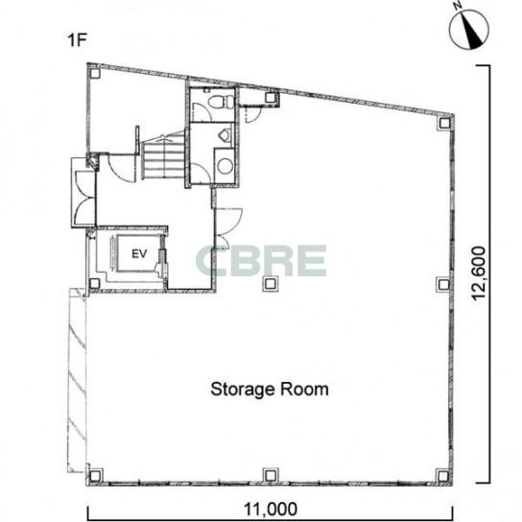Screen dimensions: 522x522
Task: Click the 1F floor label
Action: (77, 40)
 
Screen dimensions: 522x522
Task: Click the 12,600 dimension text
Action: (479, 273)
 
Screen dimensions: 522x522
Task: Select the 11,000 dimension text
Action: (271, 509)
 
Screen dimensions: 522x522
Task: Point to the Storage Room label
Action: (270, 390)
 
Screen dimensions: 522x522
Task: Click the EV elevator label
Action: (139, 254)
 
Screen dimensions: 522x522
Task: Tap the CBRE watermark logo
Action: (261, 261)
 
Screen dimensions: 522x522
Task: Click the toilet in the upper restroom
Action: (221, 102)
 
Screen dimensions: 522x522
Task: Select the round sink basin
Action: (225, 166)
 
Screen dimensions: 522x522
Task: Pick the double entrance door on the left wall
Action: (83, 198)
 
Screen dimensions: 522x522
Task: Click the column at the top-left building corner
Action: (95, 73)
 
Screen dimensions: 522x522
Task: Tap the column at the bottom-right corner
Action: (442, 476)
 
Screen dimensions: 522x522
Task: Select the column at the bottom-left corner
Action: (95, 476)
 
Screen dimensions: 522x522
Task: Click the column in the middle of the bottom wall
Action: (271, 475)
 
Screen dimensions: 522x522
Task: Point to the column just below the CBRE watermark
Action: (271, 284)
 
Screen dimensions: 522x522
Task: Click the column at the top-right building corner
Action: (444, 123)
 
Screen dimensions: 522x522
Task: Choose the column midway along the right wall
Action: (443, 284)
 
